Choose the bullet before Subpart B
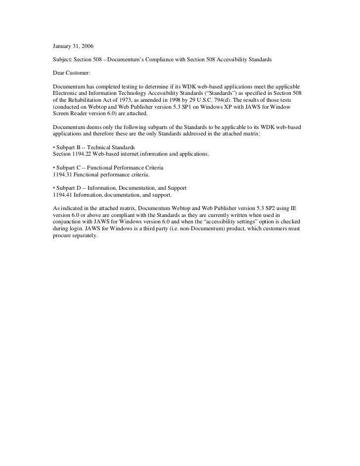click(54, 148)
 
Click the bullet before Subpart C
click(54, 168)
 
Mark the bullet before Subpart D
click(54, 188)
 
